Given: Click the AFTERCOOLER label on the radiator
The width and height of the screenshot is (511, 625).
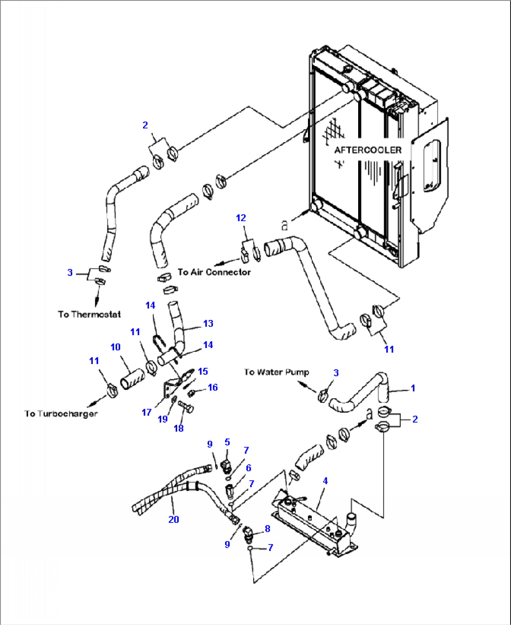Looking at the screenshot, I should [368, 150].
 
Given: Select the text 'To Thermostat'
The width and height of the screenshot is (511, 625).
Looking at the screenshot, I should [89, 314].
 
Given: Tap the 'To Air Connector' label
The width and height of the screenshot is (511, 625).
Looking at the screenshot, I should [214, 272].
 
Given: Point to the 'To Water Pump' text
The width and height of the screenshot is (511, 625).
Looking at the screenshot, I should [277, 372].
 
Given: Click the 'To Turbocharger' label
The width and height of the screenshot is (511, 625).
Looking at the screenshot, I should [61, 414].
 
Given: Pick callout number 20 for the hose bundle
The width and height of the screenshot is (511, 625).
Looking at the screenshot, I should [173, 519].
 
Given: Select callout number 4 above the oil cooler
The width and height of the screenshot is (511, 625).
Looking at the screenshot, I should [325, 481].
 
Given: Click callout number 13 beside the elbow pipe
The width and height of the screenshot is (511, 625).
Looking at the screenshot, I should [208, 323].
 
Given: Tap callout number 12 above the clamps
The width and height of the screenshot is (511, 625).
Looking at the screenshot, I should [240, 218].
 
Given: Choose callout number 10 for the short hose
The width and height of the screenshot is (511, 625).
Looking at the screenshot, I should [115, 347].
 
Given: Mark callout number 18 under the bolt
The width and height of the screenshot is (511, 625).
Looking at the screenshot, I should [179, 428].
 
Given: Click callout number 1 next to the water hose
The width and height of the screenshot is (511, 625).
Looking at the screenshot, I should [413, 388].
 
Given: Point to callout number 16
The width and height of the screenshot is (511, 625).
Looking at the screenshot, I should [213, 387].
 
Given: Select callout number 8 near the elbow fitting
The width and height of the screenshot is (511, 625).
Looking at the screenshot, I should [267, 528].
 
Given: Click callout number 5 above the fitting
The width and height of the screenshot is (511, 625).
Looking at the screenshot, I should [227, 442].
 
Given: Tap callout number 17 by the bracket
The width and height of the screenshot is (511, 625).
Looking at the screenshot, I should [147, 412].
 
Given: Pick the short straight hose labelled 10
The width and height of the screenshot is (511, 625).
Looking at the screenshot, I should [133, 378].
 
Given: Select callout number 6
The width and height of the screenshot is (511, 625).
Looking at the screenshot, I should [248, 468].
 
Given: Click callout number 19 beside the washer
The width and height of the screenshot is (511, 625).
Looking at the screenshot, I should [163, 419].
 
